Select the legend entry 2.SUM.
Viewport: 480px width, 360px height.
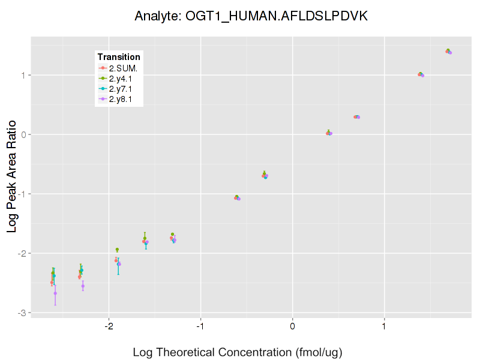(x=124, y=69)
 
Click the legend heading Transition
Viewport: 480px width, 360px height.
(x=119, y=58)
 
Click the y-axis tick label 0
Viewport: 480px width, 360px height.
(x=23, y=134)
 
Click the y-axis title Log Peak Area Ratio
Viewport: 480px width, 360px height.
(x=12, y=174)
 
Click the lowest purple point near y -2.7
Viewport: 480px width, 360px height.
(x=55, y=293)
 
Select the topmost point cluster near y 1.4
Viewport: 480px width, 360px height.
(x=448, y=52)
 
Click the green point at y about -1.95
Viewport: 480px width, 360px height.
(x=117, y=250)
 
